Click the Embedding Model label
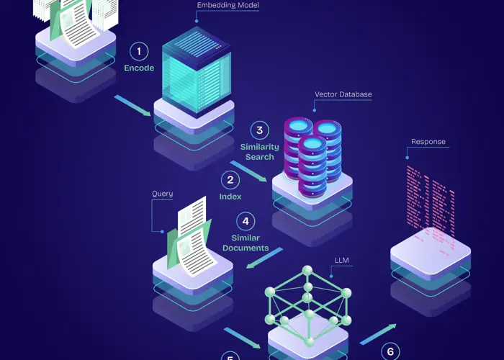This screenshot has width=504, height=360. coord(228,6)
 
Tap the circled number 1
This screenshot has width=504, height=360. coord(139,51)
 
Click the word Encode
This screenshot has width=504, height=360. coord(139,68)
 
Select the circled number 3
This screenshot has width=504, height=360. coord(259,130)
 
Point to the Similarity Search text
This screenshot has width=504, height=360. coord(259,152)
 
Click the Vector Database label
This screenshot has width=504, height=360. coord(343,94)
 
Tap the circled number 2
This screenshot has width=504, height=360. coord(230,180)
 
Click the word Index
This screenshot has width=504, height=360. coord(230,196)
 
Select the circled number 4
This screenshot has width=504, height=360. coord(246,221)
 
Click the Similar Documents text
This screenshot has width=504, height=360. coord(246,243)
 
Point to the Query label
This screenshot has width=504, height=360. coord(162,194)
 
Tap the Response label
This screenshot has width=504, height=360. coord(428,142)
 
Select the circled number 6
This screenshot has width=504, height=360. coord(390,351)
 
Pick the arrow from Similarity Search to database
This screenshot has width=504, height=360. coord(248,171)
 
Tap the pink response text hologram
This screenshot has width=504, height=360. coord(431,198)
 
